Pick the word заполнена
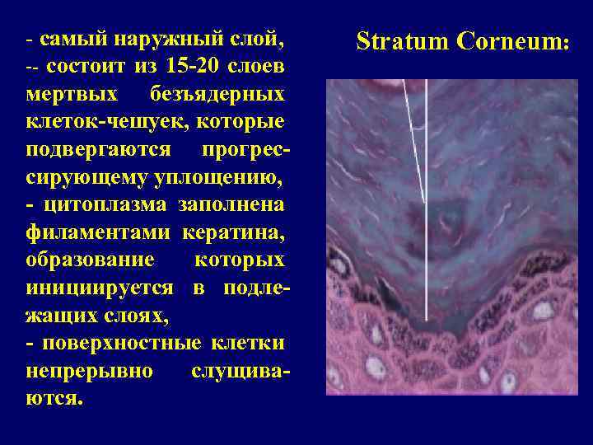[x=233, y=204]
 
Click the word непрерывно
[x=90, y=371]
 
